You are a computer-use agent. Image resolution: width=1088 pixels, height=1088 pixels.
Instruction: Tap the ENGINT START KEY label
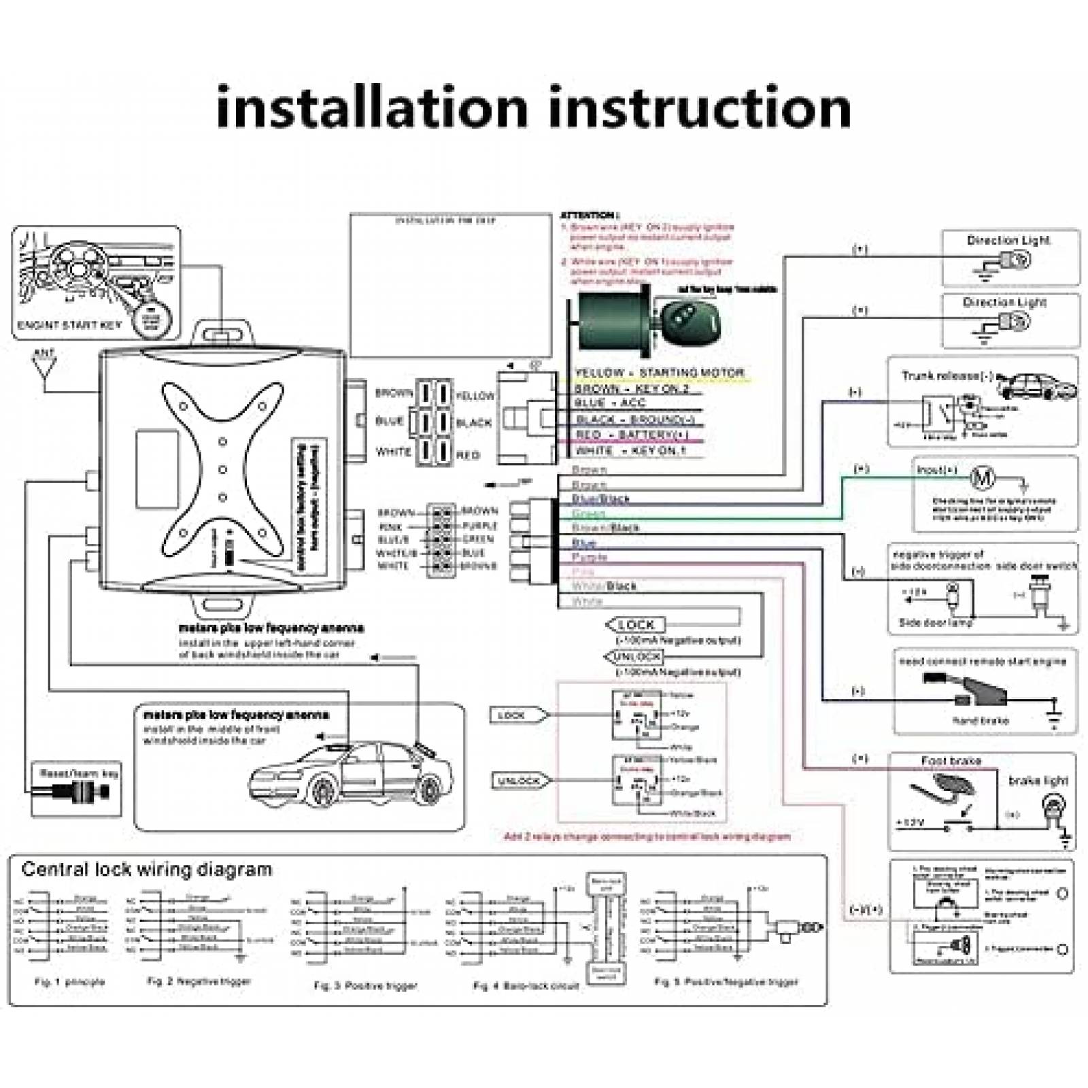[x=69, y=325]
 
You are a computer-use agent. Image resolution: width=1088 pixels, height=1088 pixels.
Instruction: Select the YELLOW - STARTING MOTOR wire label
[x=659, y=373]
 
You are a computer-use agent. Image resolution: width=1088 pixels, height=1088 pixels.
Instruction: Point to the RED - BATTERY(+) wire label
[x=632, y=435]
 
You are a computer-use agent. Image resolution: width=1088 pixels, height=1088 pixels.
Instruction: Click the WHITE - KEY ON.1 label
[x=630, y=450]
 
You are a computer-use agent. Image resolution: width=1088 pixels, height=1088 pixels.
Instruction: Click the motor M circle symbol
[x=982, y=478]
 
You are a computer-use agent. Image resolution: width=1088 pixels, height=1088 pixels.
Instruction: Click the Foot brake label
[x=951, y=760]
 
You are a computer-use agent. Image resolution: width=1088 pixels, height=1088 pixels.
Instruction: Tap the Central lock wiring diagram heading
[x=146, y=870]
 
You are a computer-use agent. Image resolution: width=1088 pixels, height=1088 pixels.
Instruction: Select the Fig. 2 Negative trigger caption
[x=199, y=981]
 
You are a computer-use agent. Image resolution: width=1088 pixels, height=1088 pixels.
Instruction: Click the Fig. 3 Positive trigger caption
[x=365, y=985]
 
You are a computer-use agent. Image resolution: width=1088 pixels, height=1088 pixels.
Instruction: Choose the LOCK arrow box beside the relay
[x=517, y=715]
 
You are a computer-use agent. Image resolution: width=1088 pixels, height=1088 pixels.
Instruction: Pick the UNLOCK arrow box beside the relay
[x=520, y=781]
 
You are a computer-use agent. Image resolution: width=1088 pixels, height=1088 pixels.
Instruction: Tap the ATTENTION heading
[x=589, y=216]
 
